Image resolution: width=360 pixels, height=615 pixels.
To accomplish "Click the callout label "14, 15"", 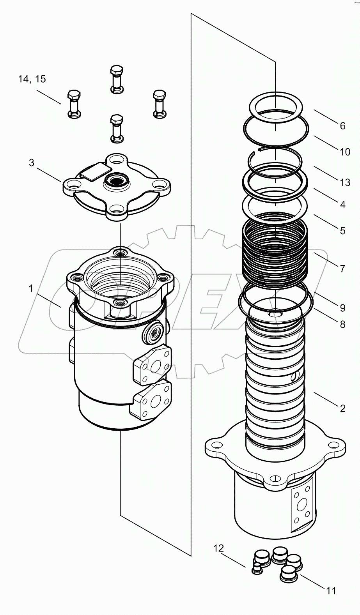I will click(32, 79).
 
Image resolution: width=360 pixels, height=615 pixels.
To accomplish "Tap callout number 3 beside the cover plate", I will click(32, 163).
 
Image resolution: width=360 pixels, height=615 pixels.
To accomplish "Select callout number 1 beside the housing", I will click(31, 288).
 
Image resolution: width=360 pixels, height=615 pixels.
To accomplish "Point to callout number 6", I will click(342, 125).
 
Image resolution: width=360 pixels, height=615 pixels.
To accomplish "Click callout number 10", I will click(345, 152).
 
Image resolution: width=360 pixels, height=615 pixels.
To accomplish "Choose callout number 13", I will click(345, 182).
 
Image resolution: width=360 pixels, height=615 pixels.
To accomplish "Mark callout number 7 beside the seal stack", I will click(342, 269).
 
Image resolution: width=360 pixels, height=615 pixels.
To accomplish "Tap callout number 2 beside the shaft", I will click(342, 408).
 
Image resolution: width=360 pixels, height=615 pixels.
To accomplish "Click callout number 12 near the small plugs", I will click(218, 548).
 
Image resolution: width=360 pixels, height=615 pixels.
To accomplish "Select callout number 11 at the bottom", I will click(331, 591).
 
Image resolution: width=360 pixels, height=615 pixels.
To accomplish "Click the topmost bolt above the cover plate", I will click(117, 80).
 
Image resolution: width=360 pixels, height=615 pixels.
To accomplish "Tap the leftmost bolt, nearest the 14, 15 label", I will click(74, 104).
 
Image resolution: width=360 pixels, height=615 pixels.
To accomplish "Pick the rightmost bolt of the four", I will click(159, 104).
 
